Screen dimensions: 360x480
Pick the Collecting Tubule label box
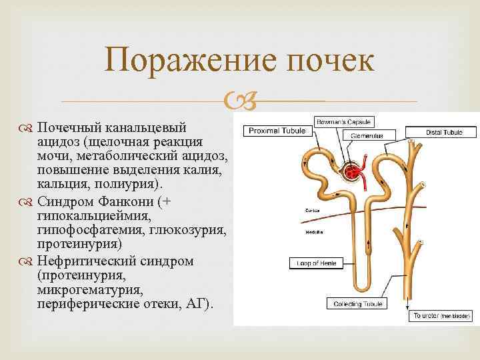point(357,304)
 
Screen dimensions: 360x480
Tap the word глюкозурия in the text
point(192,230)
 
